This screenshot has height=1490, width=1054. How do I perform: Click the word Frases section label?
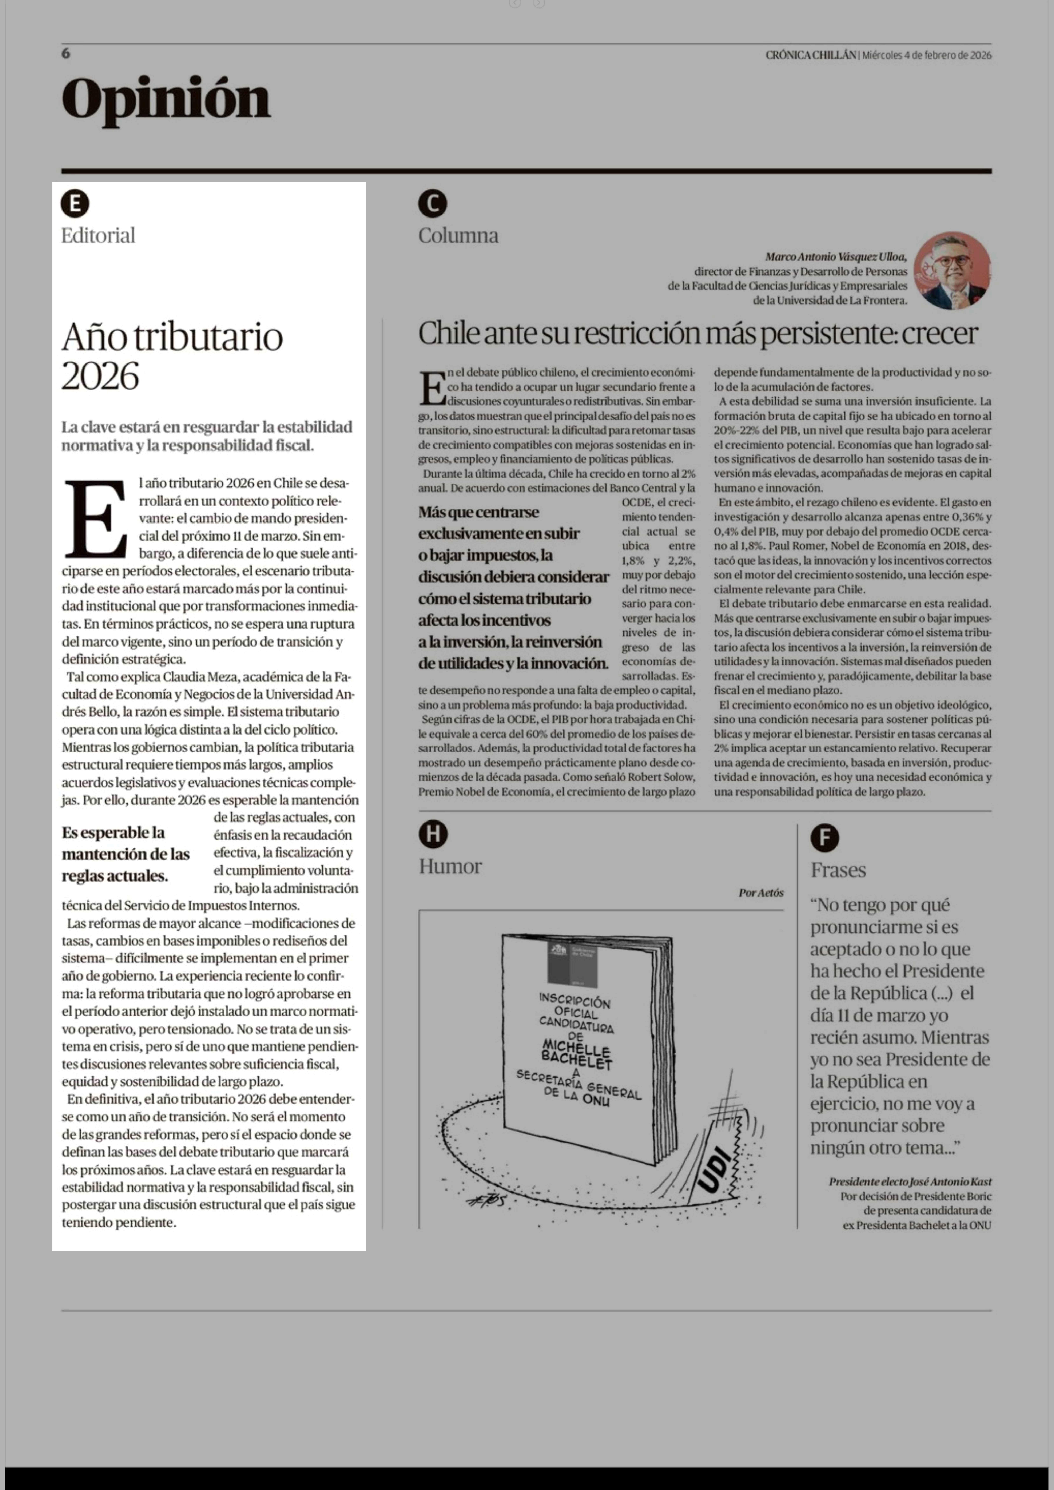[838, 870]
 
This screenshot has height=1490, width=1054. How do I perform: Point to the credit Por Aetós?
[761, 893]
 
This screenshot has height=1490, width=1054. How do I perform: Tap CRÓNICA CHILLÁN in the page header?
[811, 55]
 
